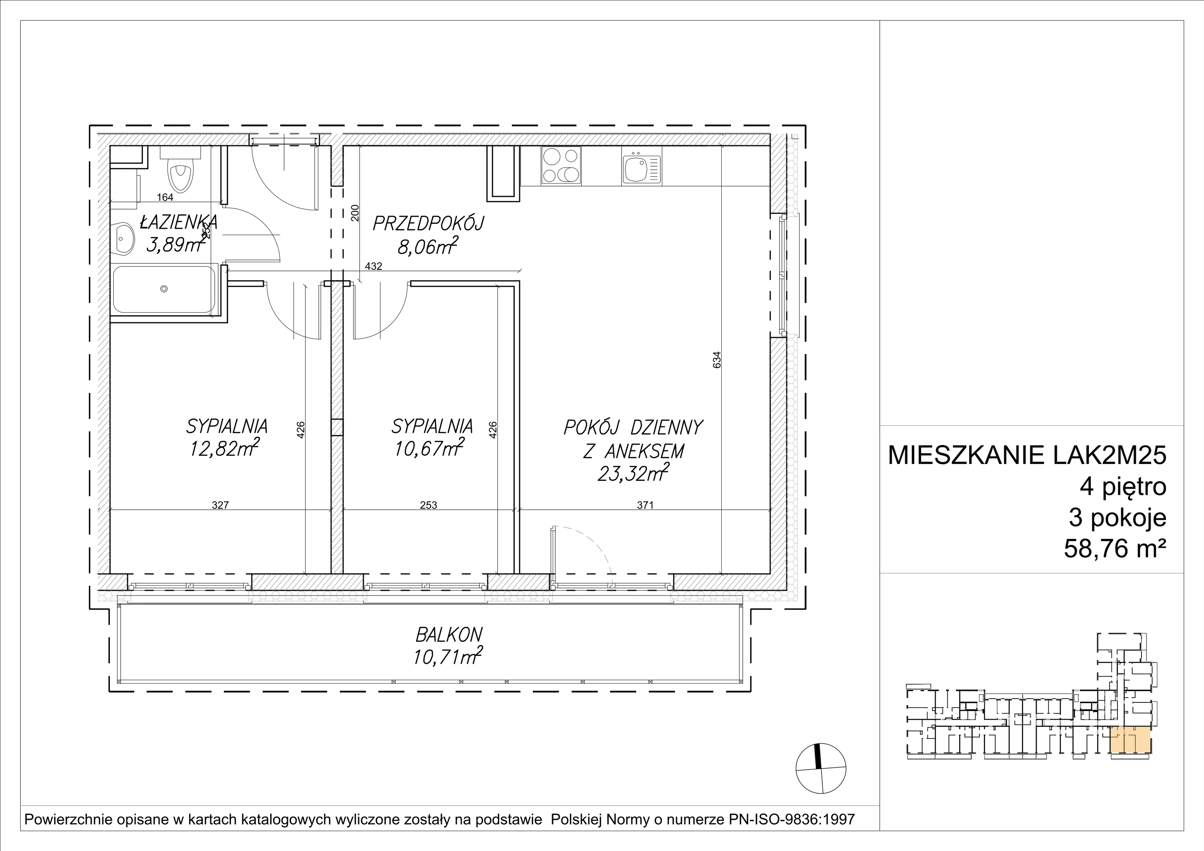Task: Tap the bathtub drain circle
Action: [x=164, y=289]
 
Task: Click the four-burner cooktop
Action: [x=561, y=165]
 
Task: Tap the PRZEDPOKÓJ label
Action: [x=428, y=224]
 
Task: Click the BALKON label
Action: [x=448, y=635]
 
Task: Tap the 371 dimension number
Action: [x=646, y=506]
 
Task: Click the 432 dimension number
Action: [x=373, y=266]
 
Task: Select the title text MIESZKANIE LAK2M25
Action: [x=1027, y=456]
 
